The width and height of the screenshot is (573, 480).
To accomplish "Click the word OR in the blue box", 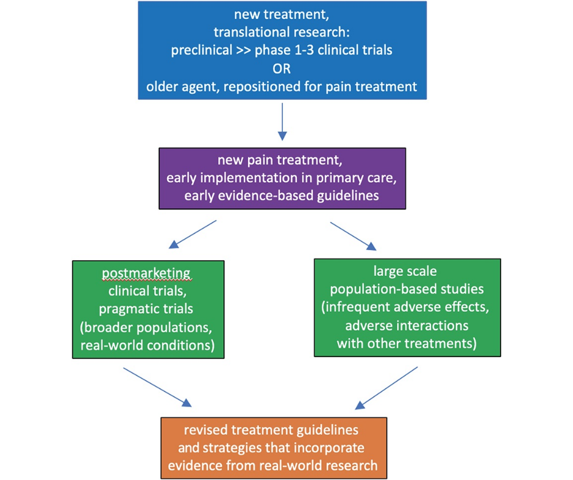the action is [282, 69].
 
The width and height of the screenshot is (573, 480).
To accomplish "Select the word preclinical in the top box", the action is [201, 50].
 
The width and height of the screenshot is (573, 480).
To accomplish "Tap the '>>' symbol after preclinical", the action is [243, 51].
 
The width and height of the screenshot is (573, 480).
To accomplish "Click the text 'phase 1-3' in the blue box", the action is [284, 50].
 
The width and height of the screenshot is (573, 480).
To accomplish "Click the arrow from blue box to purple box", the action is [282, 122].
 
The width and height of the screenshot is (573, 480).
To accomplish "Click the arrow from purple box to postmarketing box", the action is [192, 235].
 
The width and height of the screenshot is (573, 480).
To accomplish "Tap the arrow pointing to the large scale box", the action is [354, 236].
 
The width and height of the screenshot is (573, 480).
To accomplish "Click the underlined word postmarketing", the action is [146, 274].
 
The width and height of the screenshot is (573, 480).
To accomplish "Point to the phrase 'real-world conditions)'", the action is [148, 345].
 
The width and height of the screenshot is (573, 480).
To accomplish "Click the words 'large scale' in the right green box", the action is [405, 272].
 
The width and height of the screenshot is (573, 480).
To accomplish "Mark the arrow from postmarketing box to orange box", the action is [157, 387].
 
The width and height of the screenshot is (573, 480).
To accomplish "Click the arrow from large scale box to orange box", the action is [386, 388].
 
